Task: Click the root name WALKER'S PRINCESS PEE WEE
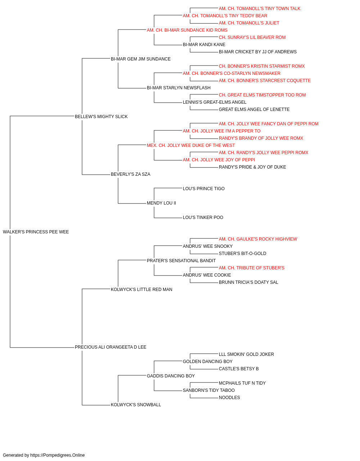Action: (36, 232)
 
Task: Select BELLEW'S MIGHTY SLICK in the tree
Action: (101, 117)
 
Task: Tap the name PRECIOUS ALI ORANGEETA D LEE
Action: (111, 347)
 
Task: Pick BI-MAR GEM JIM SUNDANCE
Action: (140, 59)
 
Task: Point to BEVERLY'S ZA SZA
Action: (130, 174)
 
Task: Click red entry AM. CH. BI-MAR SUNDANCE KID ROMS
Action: (187, 30)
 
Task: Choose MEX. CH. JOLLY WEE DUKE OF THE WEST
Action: (191, 146)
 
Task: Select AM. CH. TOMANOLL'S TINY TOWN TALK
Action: (260, 9)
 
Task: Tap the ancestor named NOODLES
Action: (229, 398)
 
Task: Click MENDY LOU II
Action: (161, 203)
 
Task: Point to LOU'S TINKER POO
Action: (203, 218)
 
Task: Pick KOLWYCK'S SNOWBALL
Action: (136, 405)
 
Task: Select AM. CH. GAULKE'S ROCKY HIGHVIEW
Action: (258, 239)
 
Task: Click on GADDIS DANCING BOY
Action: (171, 376)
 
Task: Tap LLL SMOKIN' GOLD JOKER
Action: (246, 354)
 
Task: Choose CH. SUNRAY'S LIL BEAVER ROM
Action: (252, 37)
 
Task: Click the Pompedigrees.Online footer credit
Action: (44, 455)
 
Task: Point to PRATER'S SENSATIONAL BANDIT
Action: (181, 261)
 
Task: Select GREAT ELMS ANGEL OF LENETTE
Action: (254, 109)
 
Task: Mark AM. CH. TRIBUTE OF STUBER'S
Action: (251, 268)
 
